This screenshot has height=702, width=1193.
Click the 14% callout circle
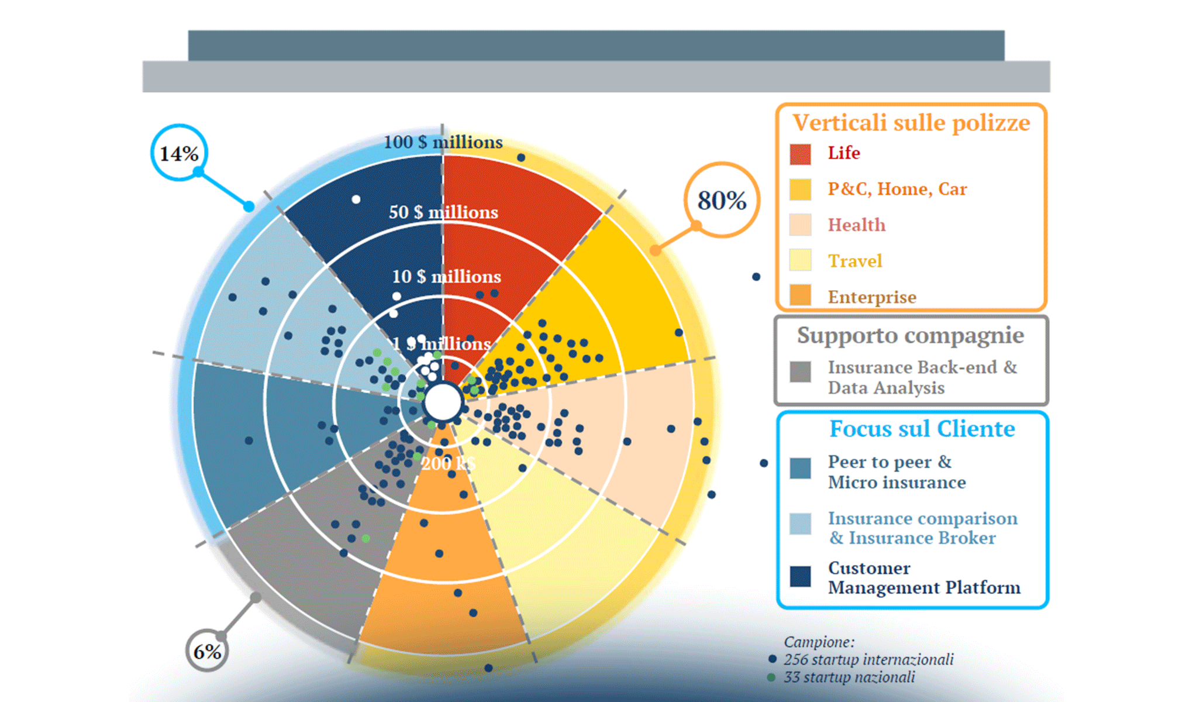[x=179, y=153]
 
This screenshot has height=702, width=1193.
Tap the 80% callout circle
[x=722, y=200]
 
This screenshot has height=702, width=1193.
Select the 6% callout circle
[x=207, y=651]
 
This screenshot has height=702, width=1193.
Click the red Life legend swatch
[x=800, y=154]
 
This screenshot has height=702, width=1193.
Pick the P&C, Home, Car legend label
[x=897, y=189]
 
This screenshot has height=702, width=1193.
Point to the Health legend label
[x=856, y=225]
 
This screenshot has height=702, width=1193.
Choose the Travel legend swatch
[x=800, y=260]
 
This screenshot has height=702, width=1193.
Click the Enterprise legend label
[x=871, y=297]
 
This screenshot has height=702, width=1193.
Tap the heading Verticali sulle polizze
[x=911, y=123]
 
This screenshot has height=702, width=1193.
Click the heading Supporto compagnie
[x=910, y=335]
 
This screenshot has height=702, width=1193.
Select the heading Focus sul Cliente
[x=922, y=429]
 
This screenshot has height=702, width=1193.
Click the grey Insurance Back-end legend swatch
[x=800, y=371]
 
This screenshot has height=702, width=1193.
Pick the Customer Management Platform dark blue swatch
[x=800, y=576]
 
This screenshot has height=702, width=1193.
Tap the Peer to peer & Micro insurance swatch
[x=800, y=468]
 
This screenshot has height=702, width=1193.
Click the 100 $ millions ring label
[x=443, y=142]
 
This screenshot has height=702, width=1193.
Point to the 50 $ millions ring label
[x=443, y=212]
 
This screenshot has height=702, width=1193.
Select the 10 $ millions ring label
[x=446, y=276]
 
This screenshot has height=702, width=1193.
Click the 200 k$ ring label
[x=448, y=464]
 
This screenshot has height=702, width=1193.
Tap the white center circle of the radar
[x=443, y=402]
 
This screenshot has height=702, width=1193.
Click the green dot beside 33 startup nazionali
[x=771, y=677]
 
